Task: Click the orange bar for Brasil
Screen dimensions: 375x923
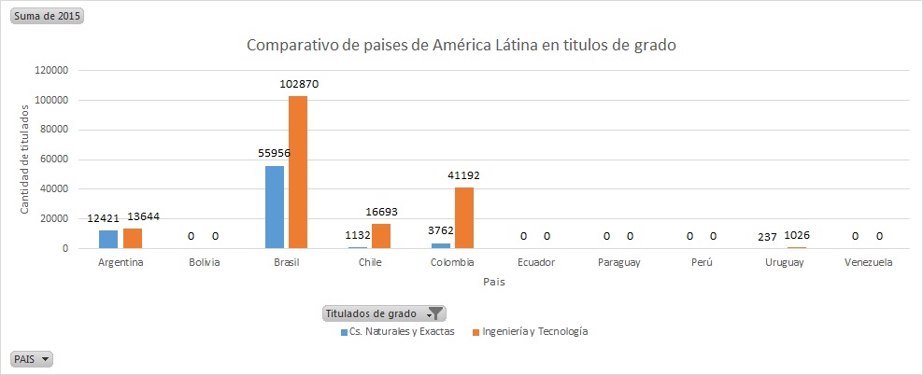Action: [298, 173]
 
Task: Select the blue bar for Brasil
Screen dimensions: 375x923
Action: [275, 207]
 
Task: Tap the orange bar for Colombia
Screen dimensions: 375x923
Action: [464, 217]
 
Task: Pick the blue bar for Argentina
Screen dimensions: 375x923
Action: [108, 239]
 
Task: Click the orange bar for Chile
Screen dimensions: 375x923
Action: [381, 236]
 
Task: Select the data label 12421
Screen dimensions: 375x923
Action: [105, 217]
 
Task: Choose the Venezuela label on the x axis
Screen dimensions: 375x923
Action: [868, 262]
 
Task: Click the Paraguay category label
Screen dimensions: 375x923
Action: [618, 262]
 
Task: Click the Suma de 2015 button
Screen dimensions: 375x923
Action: [47, 17]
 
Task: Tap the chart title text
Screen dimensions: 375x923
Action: [461, 45]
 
